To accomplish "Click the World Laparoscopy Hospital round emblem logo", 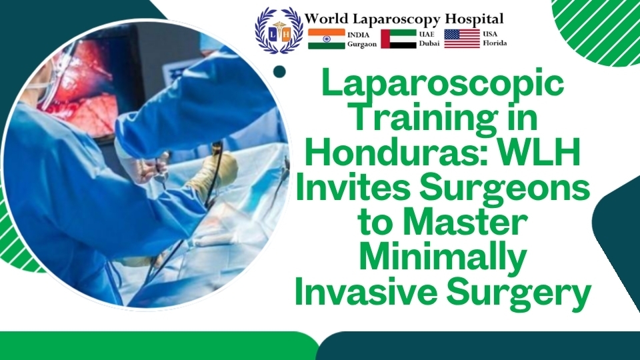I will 279,30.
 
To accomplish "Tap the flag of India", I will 327,39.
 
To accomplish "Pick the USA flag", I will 462,39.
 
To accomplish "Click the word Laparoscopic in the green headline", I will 442,86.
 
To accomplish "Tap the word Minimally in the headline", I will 443,260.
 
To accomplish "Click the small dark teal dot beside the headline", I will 280,71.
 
